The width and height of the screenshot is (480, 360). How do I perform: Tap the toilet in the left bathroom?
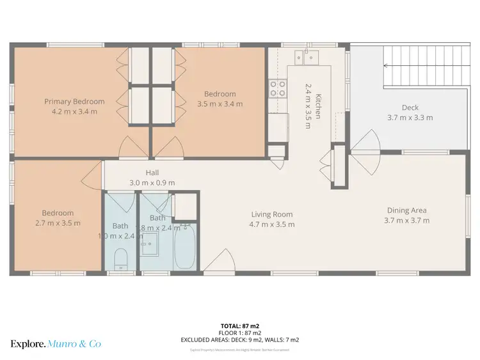click(120, 260)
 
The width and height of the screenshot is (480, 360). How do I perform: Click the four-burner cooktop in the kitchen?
click(278, 88)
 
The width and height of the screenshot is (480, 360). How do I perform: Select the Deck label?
click(410, 107)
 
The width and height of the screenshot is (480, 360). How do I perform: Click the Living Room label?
click(271, 214)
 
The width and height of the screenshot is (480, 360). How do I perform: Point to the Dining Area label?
click(406, 210)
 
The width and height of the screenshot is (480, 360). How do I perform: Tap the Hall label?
click(152, 173)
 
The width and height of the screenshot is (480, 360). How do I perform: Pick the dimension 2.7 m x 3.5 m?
click(58, 223)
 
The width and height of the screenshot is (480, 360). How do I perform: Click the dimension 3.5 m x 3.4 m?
click(220, 104)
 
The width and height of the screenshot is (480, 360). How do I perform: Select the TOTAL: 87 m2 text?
click(240, 325)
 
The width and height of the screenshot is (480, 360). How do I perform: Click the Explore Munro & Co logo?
click(56, 344)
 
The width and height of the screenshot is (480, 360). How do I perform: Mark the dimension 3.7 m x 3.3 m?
click(410, 118)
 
